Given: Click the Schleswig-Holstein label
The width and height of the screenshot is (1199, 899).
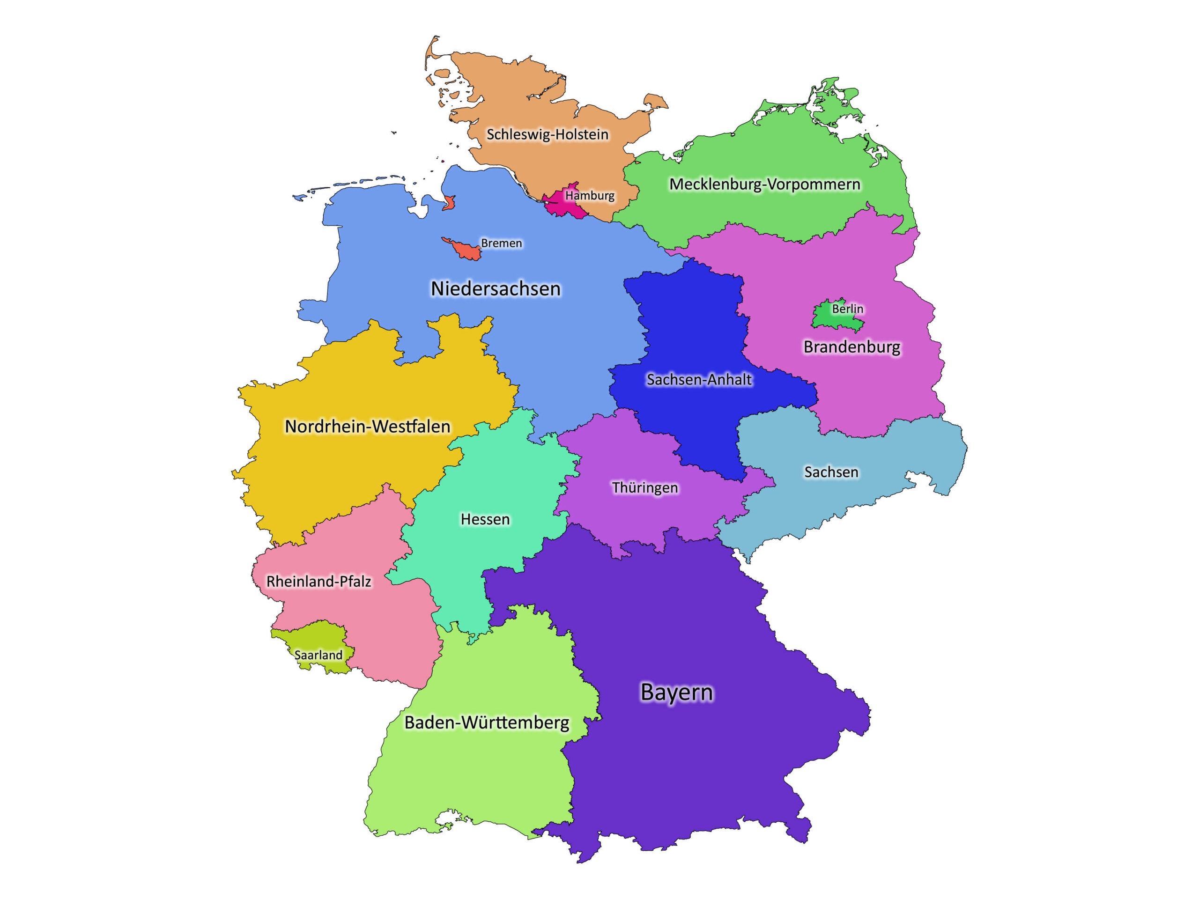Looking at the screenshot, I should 548,134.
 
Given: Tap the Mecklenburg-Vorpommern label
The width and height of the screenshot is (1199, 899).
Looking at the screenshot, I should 764,184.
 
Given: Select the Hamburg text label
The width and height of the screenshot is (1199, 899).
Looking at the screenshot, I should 590,195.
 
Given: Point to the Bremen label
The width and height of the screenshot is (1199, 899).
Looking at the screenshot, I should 502,243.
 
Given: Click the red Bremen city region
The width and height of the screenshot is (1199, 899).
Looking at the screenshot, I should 466,251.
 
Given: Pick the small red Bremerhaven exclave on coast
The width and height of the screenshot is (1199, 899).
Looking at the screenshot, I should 449,203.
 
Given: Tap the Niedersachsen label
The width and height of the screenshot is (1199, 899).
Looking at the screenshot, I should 496,289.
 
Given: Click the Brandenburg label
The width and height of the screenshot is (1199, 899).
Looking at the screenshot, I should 851,347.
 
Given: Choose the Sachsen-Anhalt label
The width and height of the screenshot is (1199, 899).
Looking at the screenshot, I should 699,379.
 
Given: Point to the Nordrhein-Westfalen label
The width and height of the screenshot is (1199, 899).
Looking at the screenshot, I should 368,427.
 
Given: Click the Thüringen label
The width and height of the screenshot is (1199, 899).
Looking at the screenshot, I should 644,488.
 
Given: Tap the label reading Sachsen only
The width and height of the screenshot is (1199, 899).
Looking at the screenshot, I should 831,472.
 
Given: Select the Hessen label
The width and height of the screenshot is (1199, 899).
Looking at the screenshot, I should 485,519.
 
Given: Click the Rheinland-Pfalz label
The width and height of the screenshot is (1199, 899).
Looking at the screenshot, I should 319,582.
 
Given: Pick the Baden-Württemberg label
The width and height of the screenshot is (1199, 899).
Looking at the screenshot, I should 487,722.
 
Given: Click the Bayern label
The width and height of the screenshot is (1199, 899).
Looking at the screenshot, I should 676,692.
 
